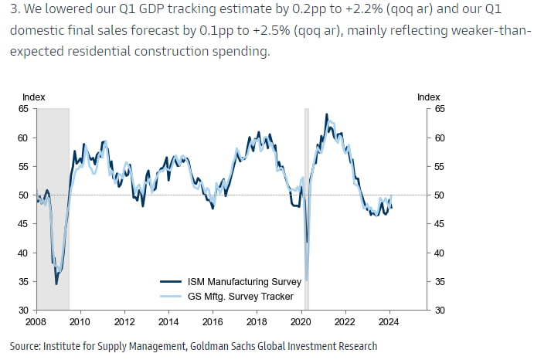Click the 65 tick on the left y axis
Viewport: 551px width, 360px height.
[x=23, y=109]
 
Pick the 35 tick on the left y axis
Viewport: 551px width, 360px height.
[x=23, y=281]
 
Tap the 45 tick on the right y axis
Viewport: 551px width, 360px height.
[x=440, y=224]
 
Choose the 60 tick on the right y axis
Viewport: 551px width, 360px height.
[x=440, y=138]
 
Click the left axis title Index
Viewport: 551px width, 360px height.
[x=34, y=97]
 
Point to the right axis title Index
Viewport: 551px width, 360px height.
[x=429, y=97]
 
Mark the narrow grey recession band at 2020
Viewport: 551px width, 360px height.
[x=307, y=209]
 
